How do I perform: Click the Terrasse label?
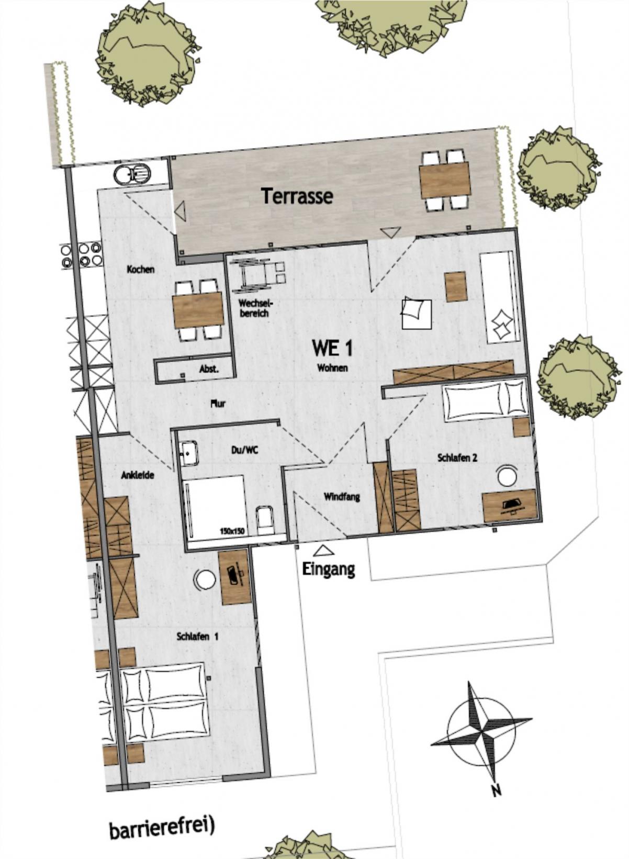pos(297,196)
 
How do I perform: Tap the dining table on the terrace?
pos(445,180)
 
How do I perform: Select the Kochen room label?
pos(141,269)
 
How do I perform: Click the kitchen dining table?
pos(198,310)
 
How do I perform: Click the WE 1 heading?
pos(332,348)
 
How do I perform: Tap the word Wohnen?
pos(332,368)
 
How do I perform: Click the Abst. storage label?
pos(209,369)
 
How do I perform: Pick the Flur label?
pos(218,404)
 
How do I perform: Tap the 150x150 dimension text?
pos(232,531)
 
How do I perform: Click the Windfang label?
pos(342,497)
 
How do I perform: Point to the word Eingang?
pos(329,569)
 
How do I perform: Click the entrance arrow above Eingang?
pos(323,551)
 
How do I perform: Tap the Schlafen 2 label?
pos(457,458)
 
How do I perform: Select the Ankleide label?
pos(138,475)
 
